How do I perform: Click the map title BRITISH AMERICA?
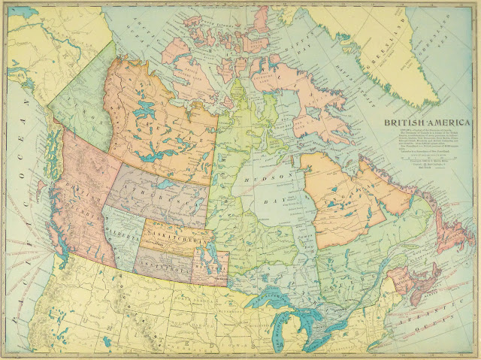(x=428, y=123)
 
